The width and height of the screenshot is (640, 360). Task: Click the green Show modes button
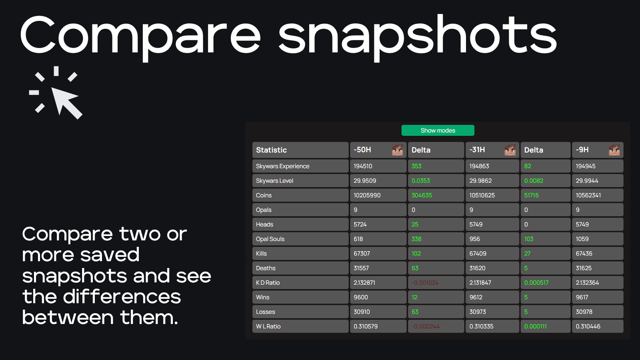pyautogui.click(x=438, y=130)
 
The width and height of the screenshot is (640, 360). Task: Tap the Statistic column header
pyautogui.click(x=271, y=150)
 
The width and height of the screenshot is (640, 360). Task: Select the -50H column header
pyautogui.click(x=362, y=150)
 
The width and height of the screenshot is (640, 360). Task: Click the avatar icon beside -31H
pyautogui.click(x=510, y=150)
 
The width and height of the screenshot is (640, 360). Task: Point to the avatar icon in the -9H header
pyautogui.click(x=614, y=150)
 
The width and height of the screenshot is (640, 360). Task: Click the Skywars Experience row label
pyautogui.click(x=282, y=166)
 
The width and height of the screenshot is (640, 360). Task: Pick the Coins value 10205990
pyautogui.click(x=367, y=195)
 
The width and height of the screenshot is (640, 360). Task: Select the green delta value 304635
pyautogui.click(x=422, y=195)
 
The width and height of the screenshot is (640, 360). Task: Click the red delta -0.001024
pyautogui.click(x=425, y=283)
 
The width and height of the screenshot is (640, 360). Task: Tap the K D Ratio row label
pyautogui.click(x=268, y=283)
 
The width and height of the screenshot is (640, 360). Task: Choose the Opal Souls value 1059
pyautogui.click(x=582, y=239)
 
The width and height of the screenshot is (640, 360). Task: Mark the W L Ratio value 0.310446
pyautogui.click(x=588, y=326)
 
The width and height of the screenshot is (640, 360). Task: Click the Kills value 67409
pyautogui.click(x=478, y=254)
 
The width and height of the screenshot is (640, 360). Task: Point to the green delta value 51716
pyautogui.click(x=531, y=195)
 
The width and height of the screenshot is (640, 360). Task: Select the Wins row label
pyautogui.click(x=263, y=297)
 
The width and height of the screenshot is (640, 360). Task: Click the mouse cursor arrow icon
pyautogui.click(x=66, y=102)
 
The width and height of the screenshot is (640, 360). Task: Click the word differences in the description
pyautogui.click(x=122, y=297)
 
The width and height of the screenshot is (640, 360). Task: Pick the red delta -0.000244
pyautogui.click(x=426, y=326)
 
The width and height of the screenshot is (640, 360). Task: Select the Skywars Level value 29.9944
pyautogui.click(x=587, y=181)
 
